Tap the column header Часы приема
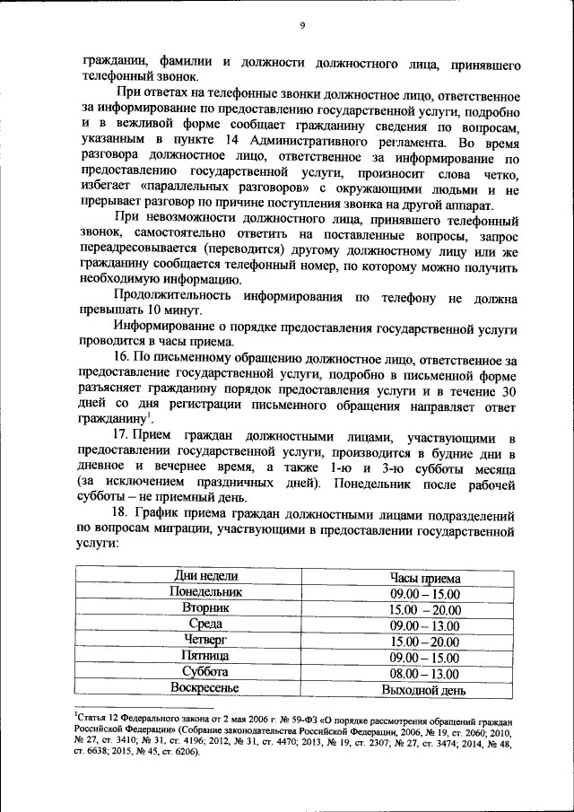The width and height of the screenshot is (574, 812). [x=425, y=577]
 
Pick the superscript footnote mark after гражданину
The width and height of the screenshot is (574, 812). [x=149, y=414]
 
